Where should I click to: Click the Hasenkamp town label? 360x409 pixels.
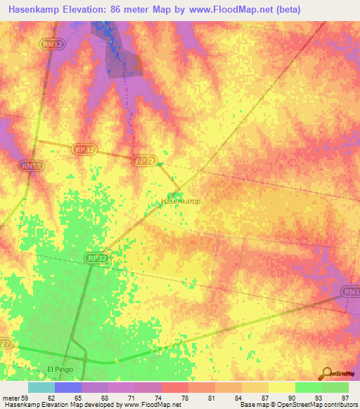pyautogui.click(x=181, y=201)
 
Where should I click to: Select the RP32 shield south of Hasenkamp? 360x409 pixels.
pyautogui.click(x=97, y=259)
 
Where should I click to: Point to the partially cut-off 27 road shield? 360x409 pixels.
pyautogui.click(x=4, y=344)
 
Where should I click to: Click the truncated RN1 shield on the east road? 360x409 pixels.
pyautogui.click(x=351, y=291)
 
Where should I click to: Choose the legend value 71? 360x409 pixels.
pyautogui.click(x=121, y=398)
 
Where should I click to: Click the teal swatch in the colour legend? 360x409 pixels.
pyautogui.click(x=41, y=387)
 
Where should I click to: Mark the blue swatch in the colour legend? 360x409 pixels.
pyautogui.click(x=67, y=387)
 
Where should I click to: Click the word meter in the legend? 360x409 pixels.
pyautogui.click(x=11, y=398)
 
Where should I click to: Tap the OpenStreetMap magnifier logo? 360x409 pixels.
pyautogui.click(x=325, y=373)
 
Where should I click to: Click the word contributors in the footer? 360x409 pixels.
pyautogui.click(x=340, y=405)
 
